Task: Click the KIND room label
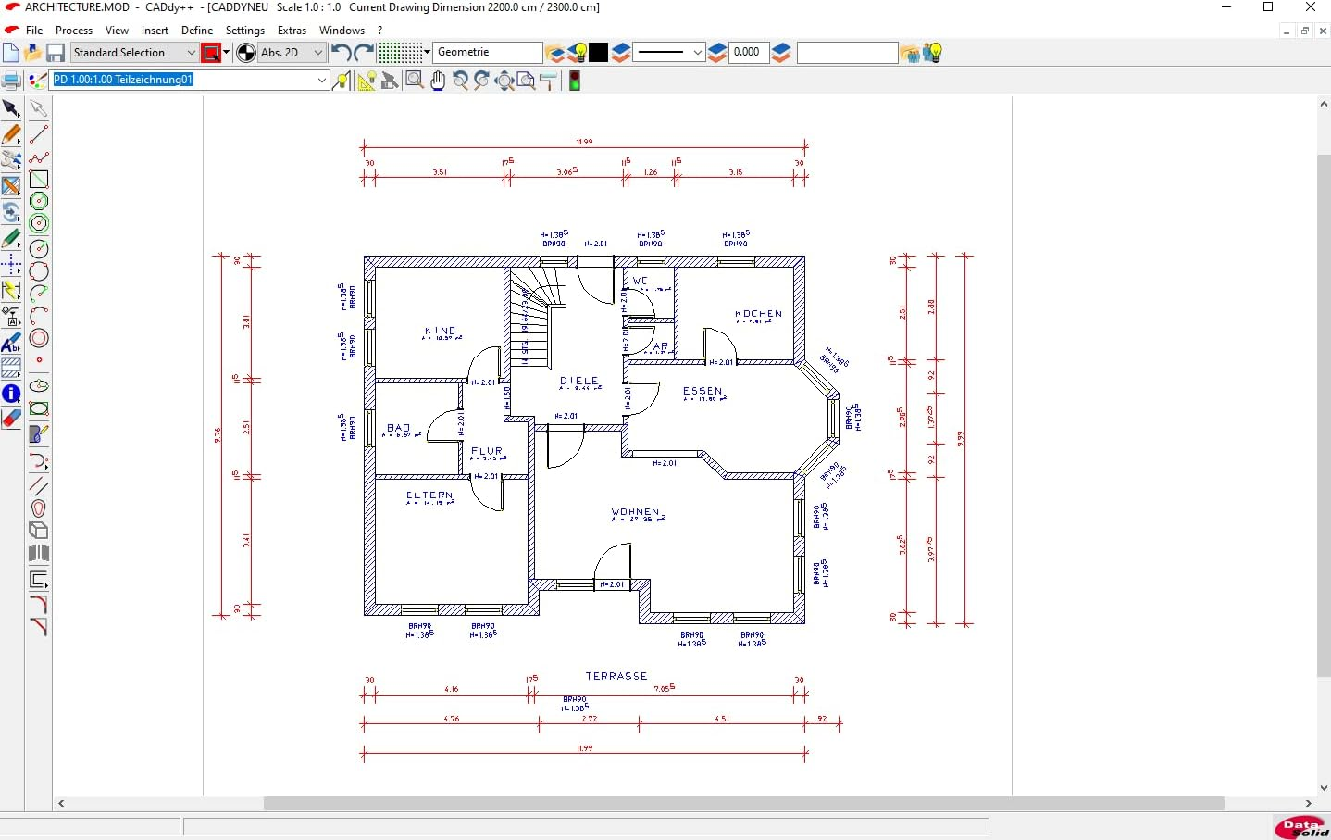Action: point(441,331)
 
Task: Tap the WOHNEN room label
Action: point(636,512)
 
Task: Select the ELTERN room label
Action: point(429,495)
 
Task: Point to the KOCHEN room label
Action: point(758,314)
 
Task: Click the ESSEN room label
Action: point(703,391)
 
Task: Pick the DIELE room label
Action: point(579,381)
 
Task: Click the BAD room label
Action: point(399,428)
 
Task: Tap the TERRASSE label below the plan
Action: point(616,676)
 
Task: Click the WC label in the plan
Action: point(641,281)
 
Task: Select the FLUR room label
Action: point(487,451)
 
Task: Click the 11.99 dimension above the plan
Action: point(584,142)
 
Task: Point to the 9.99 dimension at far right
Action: point(961,439)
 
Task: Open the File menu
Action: point(34,30)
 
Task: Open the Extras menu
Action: point(292,30)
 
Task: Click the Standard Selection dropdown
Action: point(134,53)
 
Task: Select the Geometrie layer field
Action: point(488,52)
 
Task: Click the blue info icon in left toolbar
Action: point(11,394)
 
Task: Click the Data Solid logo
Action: point(1301,827)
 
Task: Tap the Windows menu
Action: point(342,30)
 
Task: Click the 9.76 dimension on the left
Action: point(218,434)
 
